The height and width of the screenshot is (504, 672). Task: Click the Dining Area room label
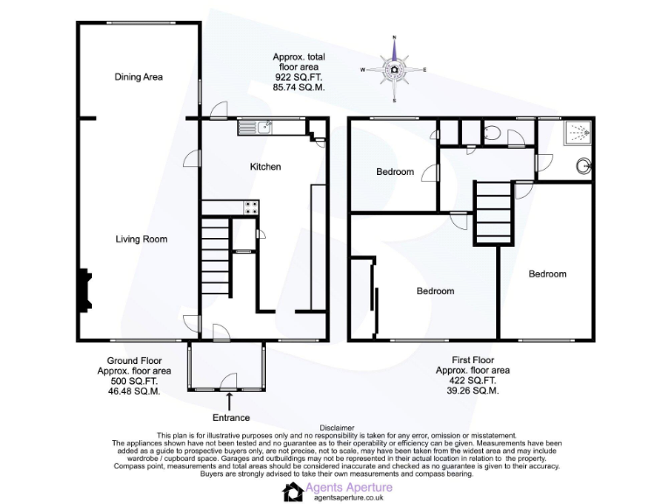[x=138, y=77]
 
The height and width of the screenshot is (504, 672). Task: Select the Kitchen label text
[x=265, y=166]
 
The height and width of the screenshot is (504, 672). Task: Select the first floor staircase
[x=493, y=213]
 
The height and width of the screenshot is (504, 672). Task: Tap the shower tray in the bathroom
[x=575, y=133]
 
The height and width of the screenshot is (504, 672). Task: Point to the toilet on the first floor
[x=492, y=134]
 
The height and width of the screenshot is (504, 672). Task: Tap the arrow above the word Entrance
[x=229, y=402]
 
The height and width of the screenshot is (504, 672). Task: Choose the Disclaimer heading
[x=337, y=429]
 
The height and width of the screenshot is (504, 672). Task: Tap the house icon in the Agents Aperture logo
[x=292, y=491]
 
